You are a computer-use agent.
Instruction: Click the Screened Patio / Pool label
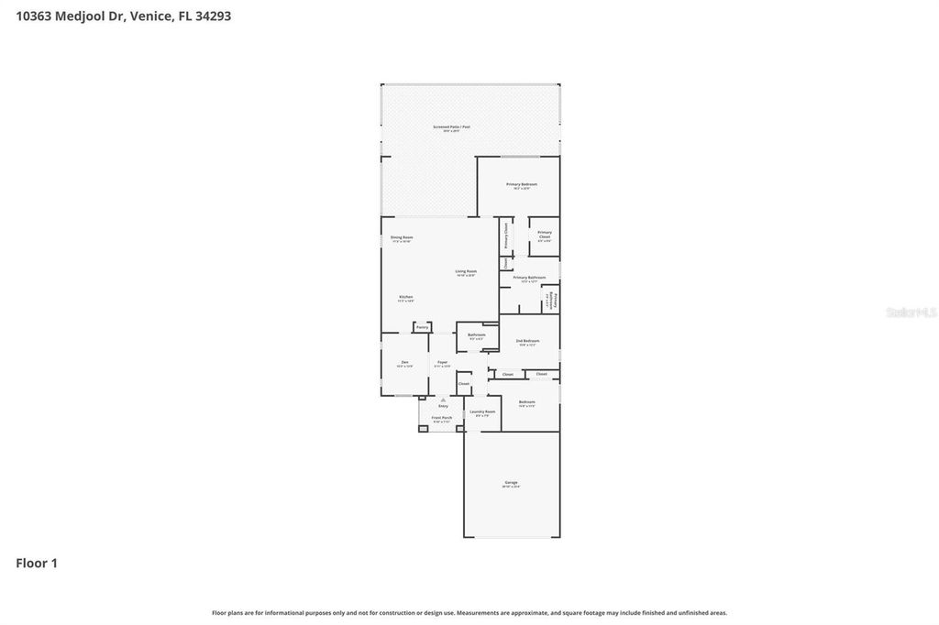451,127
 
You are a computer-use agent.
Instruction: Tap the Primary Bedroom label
522,185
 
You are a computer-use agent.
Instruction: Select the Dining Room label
402,238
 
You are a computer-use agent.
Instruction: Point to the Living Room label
466,272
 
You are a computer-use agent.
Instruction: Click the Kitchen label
405,298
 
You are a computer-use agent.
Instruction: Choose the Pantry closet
422,327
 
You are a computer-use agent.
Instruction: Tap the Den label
404,364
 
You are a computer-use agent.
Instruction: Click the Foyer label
442,364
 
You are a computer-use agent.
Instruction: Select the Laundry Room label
482,412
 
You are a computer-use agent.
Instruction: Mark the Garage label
511,483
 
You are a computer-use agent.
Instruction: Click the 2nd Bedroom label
527,342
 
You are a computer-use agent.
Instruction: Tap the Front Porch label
442,418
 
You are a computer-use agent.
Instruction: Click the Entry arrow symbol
443,400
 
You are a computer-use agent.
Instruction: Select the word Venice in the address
150,16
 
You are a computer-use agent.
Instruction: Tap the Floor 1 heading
37,563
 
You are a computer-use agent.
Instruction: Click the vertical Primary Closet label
505,235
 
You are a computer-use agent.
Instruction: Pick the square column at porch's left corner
423,428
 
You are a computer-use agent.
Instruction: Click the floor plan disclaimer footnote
469,612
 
